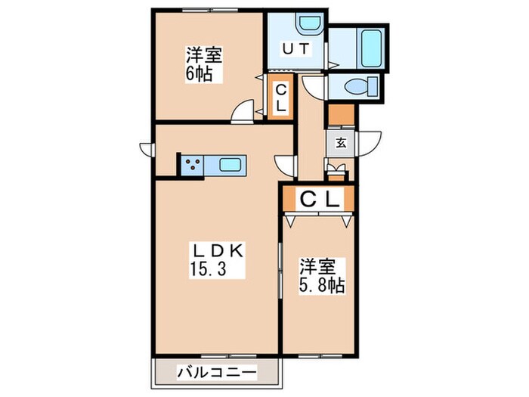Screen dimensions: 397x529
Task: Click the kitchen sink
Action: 230,164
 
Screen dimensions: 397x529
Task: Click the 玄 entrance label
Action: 341,142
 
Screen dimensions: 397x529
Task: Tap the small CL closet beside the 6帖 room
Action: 280,98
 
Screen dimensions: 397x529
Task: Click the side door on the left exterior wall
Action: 147,147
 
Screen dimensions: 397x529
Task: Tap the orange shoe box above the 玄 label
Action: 340,116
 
